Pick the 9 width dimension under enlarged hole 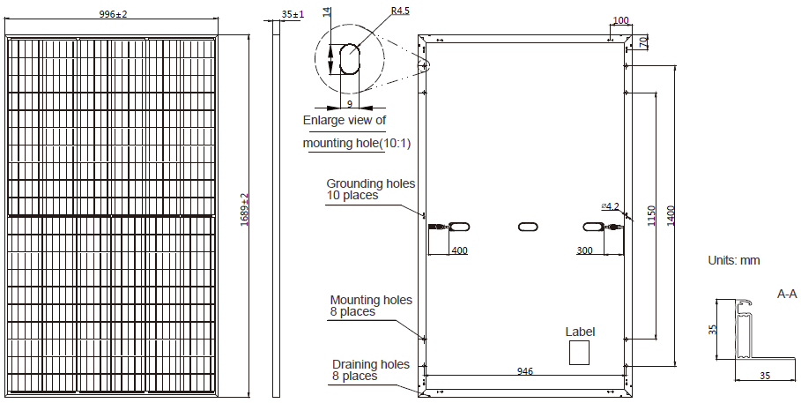coord(350,103)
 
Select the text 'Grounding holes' coord(370,183)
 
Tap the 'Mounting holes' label coord(370,300)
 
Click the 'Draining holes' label coord(370,364)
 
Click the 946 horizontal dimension coord(525,371)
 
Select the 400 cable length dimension coord(459,250)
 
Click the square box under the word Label coord(579,353)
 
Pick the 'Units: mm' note coord(733,261)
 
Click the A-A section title coord(787,293)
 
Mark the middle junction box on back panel coord(526,228)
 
